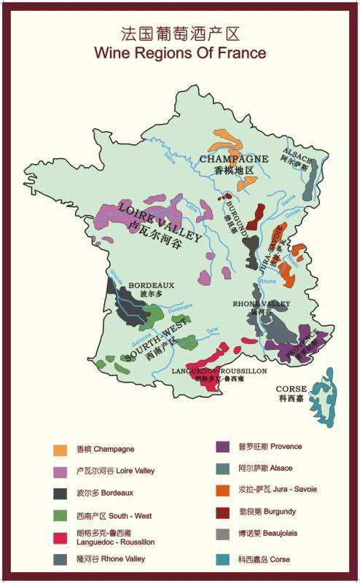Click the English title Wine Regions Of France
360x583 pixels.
pyautogui.click(x=180, y=53)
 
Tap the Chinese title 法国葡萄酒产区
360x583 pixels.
pyautogui.click(x=180, y=34)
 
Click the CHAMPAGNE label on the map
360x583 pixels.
pyautogui.click(x=234, y=159)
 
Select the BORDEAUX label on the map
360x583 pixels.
pyautogui.click(x=152, y=285)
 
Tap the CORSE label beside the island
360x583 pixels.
pyautogui.click(x=292, y=390)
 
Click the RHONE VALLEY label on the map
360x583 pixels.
pyautogui.click(x=261, y=303)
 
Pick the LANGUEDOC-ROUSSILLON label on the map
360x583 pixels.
pyautogui.click(x=219, y=371)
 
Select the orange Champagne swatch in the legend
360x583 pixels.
pyautogui.click(x=60, y=450)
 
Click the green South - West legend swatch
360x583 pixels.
pyautogui.click(x=60, y=515)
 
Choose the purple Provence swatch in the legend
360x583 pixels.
pyautogui.click(x=225, y=446)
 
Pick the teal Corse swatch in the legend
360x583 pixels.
pyautogui.click(x=225, y=558)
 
